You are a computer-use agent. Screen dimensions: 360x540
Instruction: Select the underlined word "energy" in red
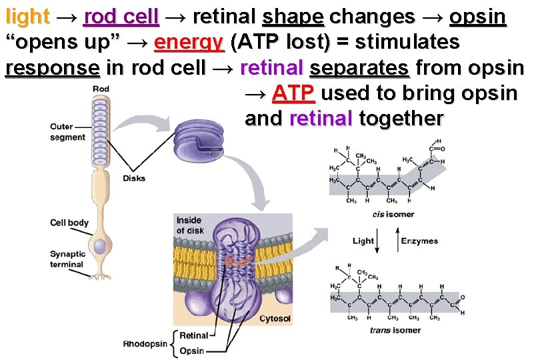pos(188,43)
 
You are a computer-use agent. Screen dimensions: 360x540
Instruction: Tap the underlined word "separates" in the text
pos(359,68)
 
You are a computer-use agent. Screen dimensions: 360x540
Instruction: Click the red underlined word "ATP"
pos(293,93)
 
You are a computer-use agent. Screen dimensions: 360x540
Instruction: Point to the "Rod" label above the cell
pos(101,89)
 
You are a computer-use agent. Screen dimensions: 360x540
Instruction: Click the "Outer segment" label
pos(67,132)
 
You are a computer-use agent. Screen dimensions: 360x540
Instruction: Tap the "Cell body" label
pos(69,223)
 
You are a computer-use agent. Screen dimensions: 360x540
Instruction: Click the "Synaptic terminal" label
pos(67,259)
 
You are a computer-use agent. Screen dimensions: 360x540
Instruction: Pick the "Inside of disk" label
pos(189,226)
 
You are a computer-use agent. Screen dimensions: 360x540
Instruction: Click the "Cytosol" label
pos(275,319)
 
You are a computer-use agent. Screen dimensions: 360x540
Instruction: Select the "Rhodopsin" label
pos(145,344)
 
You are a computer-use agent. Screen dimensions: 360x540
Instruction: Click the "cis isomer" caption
pos(393,214)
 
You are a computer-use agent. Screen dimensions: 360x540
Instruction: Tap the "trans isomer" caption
pos(395,330)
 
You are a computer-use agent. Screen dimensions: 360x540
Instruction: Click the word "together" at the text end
pos(401,119)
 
